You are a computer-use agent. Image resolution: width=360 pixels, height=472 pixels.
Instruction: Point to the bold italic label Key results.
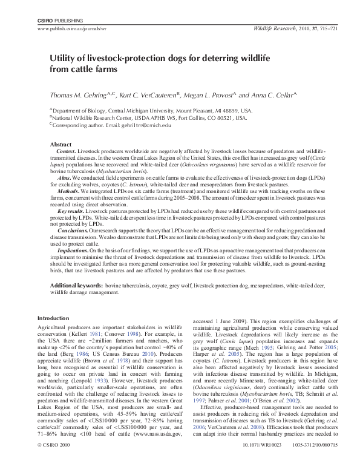[73, 214]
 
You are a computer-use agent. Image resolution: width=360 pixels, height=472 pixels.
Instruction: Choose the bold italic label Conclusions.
[73, 231]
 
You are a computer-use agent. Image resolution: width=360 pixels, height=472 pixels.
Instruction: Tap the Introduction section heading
[53, 318]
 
